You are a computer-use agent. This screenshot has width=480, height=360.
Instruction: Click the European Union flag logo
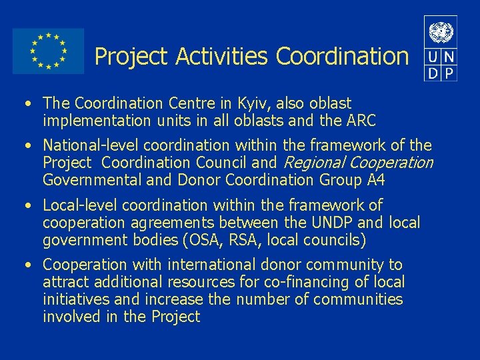pos(48,51)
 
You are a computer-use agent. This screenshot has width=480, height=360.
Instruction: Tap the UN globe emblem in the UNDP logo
pos(441,32)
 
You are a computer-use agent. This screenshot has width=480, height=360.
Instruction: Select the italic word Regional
pos(314,163)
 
